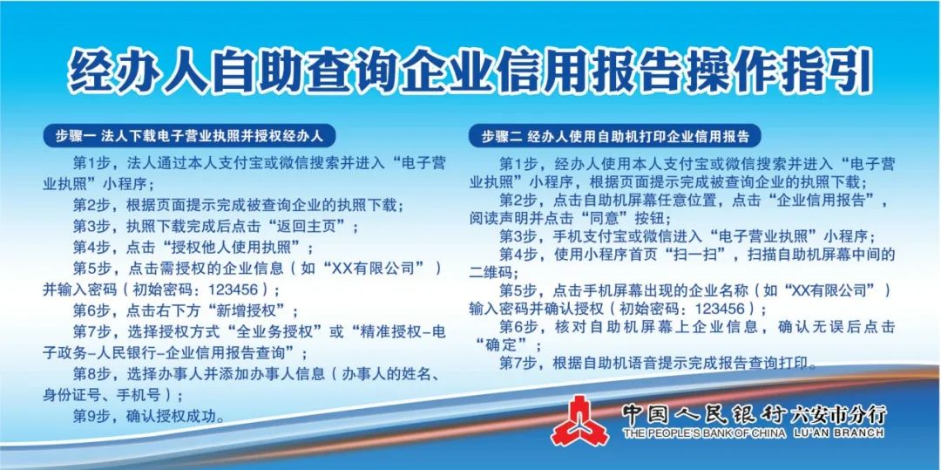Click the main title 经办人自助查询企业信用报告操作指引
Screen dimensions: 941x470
pos(470,72)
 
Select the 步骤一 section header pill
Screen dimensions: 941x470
pos(189,136)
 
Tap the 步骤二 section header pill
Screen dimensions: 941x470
pos(614,136)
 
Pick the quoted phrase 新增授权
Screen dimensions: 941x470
pos(253,310)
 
